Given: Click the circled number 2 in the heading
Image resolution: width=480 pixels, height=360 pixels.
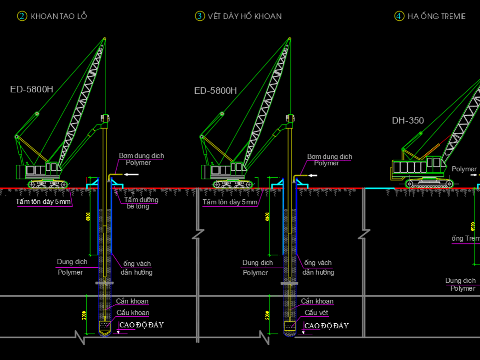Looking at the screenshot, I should [22, 16].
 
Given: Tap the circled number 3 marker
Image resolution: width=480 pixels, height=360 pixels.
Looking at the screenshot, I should [199, 16].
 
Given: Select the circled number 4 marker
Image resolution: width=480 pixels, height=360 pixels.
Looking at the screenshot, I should [399, 16].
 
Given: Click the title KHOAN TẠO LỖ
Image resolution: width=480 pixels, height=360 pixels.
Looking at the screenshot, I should [59, 17].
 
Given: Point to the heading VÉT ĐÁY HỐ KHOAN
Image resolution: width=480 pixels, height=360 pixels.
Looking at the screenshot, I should [245, 17].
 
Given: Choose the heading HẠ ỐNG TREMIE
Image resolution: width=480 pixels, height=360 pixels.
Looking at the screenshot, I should [437, 17].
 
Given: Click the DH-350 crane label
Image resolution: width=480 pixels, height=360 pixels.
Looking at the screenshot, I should [408, 121].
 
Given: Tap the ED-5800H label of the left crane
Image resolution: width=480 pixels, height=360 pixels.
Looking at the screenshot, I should [32, 90].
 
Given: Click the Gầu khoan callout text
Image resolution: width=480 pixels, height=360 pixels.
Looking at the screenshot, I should [133, 313].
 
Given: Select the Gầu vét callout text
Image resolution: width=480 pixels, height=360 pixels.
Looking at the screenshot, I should [316, 313].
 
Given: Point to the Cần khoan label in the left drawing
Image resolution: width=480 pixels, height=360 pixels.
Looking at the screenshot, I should [132, 301].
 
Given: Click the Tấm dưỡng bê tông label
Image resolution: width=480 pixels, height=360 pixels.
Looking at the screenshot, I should [141, 203].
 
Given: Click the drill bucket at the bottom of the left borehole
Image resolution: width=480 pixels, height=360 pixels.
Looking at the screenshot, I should [105, 326].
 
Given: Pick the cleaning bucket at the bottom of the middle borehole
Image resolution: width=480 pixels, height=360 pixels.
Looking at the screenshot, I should [289, 326].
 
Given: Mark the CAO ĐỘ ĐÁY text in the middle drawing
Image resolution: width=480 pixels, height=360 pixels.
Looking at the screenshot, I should [327, 326].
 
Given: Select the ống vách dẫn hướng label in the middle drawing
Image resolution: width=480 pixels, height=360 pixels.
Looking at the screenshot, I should [318, 267].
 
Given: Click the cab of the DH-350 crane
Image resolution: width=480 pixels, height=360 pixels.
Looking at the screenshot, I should [435, 163].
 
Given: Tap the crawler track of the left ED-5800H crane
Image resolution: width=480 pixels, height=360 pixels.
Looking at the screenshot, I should [48, 185].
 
